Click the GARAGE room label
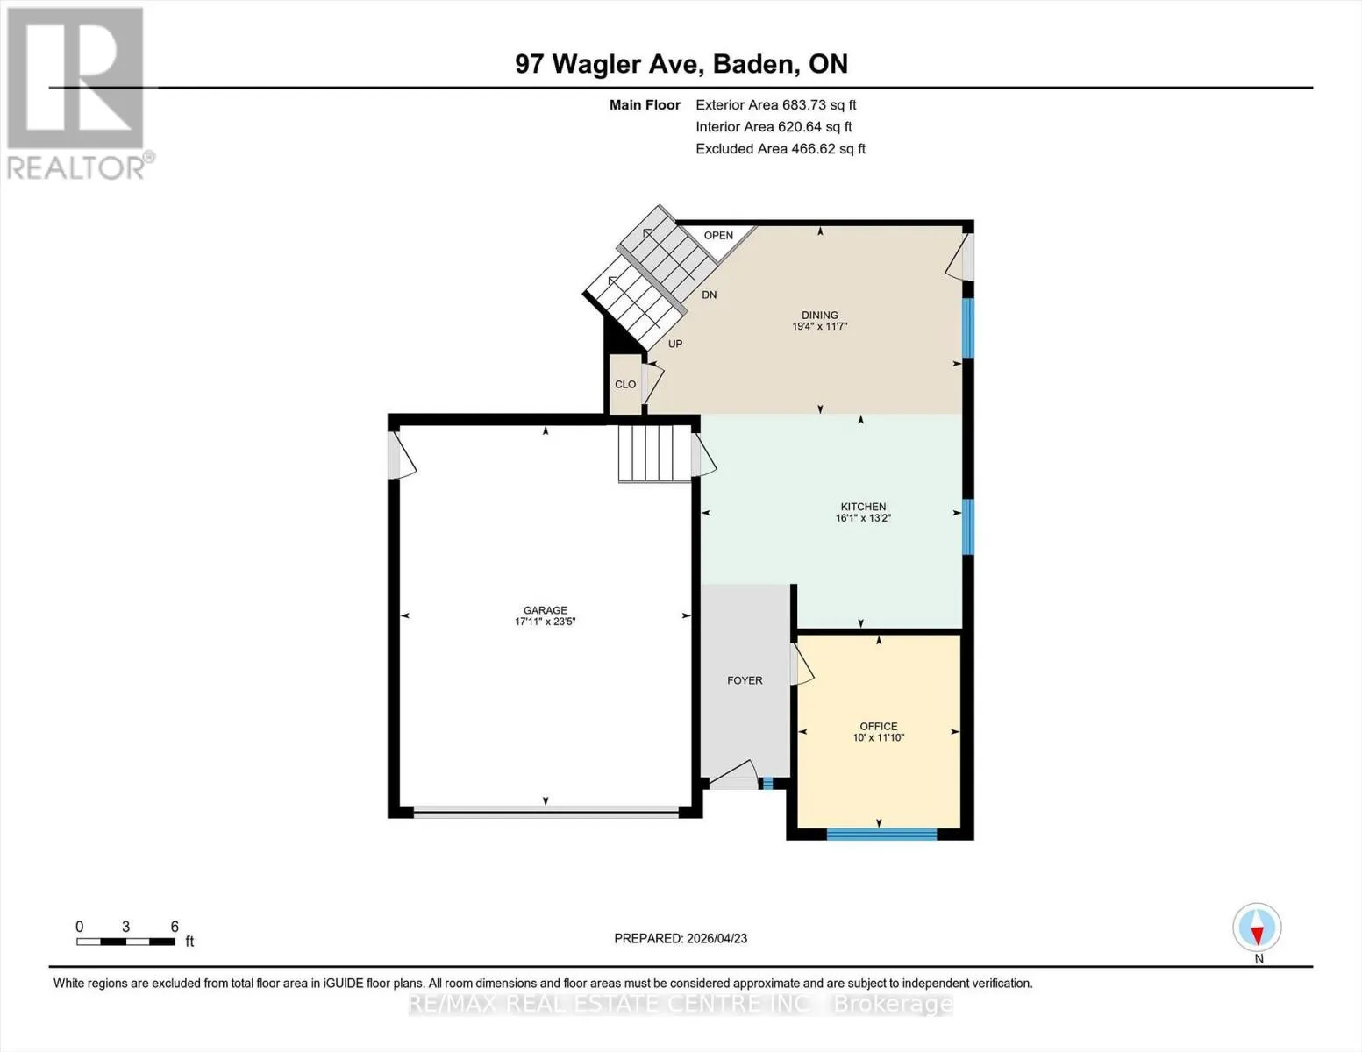[546, 609]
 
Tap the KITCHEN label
[863, 506]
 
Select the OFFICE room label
[879, 726]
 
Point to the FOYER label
[745, 679]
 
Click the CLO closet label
[625, 384]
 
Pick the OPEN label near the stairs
[718, 236]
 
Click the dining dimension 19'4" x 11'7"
[820, 326]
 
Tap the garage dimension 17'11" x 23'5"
[546, 622]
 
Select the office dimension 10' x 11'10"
[879, 738]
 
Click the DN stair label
[709, 295]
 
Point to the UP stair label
[675, 344]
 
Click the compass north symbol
[1257, 928]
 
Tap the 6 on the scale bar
[175, 927]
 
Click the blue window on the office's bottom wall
[881, 834]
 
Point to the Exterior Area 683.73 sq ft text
[776, 105]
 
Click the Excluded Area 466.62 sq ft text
[781, 149]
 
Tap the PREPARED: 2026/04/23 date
[681, 939]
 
